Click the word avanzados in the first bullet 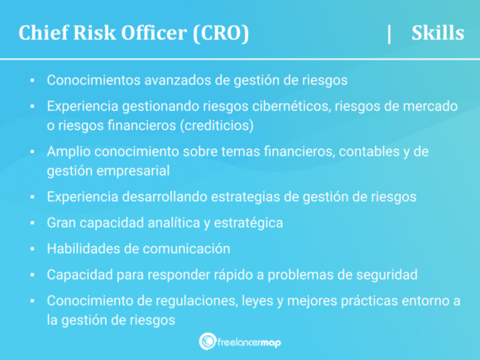tap(165, 81)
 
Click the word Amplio tap(68, 153)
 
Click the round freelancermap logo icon tap(208, 341)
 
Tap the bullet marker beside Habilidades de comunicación tap(31, 249)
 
